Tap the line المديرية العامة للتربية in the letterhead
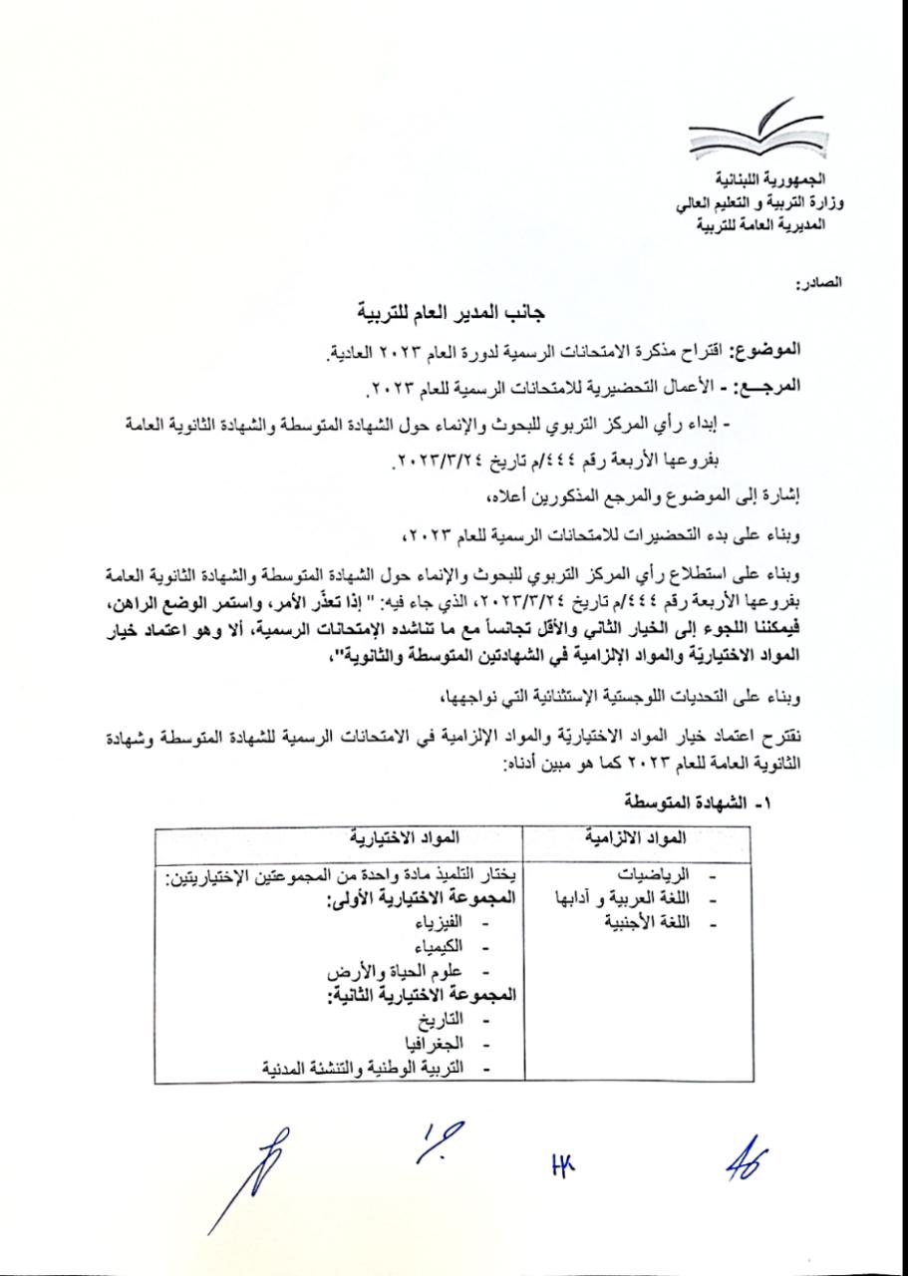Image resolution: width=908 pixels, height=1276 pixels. pos(768,225)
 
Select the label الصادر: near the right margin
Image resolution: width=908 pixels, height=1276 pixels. pos(819,285)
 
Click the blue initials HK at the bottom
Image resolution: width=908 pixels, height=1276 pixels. pos(563,1161)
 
